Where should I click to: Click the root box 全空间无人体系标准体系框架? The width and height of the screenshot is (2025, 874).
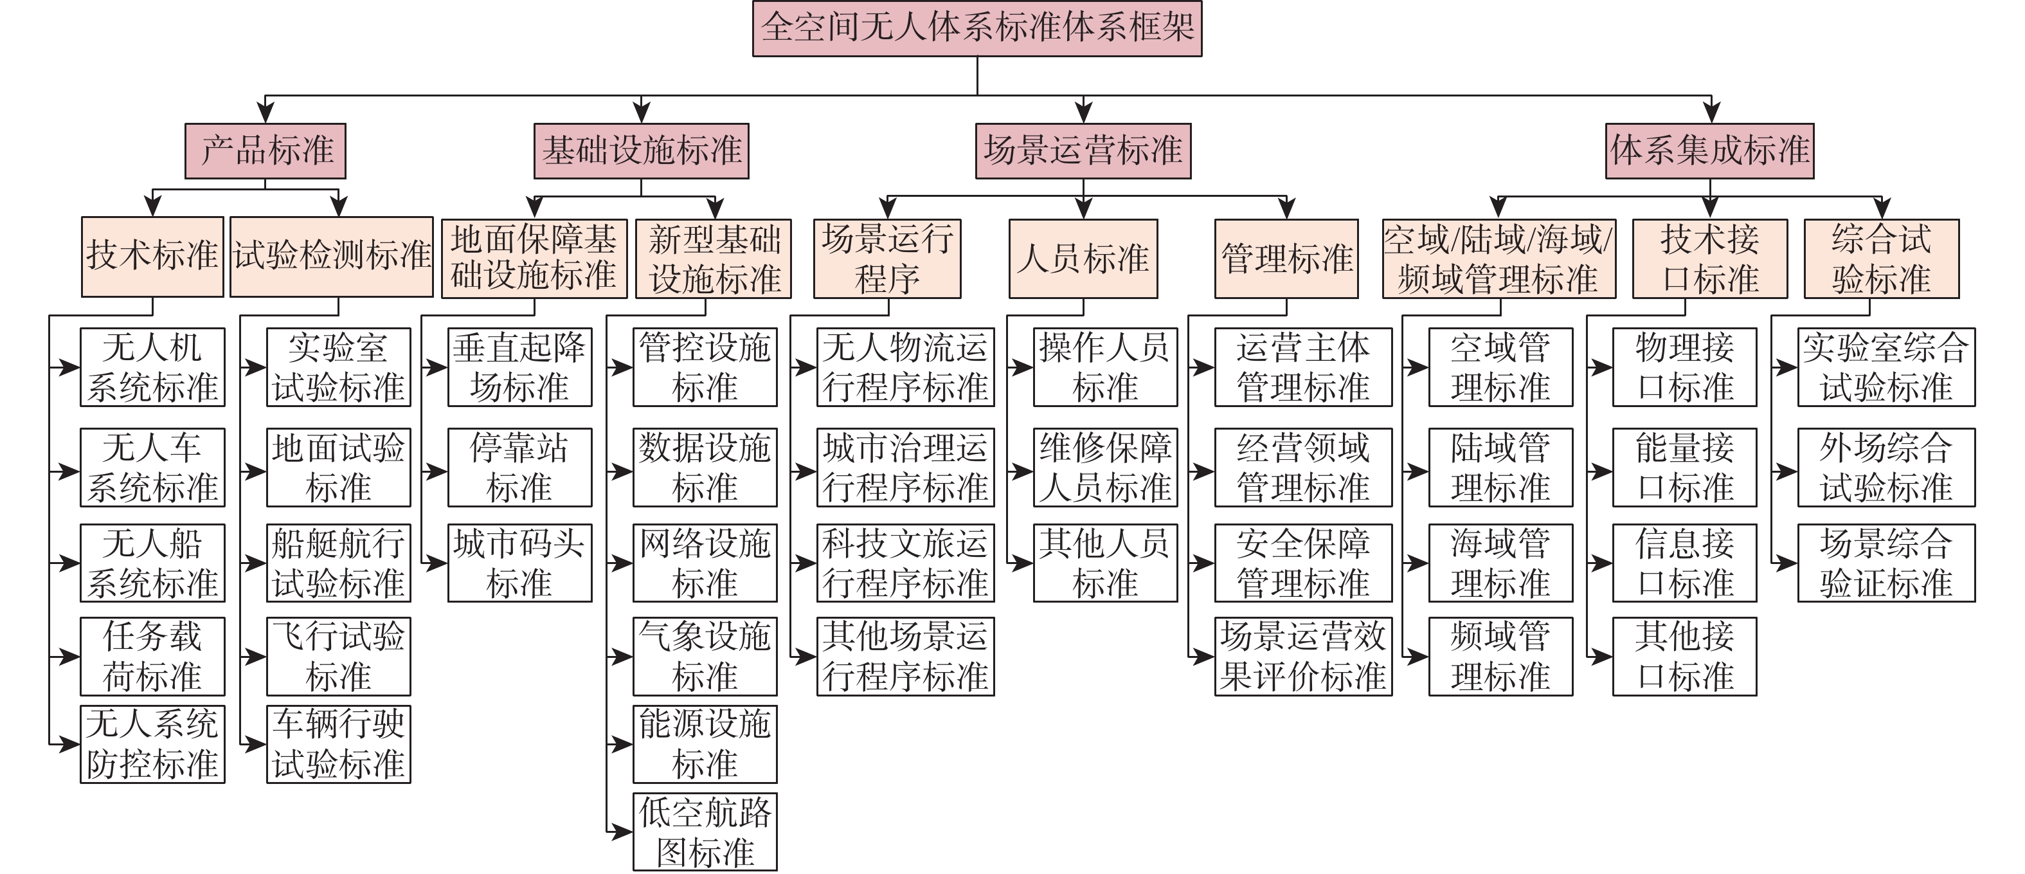tap(977, 29)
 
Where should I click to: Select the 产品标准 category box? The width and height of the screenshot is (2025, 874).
tap(265, 151)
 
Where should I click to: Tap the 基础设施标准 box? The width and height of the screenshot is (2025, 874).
tap(642, 151)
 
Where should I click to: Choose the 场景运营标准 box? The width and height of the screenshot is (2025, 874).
tap(1083, 151)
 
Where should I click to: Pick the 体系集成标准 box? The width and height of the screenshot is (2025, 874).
tap(1710, 151)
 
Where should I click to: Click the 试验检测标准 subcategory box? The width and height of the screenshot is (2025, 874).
tap(332, 257)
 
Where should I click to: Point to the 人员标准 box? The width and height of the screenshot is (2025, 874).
tap(1083, 259)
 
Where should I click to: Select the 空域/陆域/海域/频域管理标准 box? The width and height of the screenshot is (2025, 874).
tap(1499, 259)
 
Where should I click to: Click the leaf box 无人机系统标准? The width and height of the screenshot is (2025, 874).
tap(152, 367)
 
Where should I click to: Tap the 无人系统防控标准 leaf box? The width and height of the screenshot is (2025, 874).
tap(152, 744)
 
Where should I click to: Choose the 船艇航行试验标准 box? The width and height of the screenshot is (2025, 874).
tap(339, 563)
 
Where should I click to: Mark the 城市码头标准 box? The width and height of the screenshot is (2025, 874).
tap(519, 563)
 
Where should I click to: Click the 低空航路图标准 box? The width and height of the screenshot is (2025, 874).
tap(705, 832)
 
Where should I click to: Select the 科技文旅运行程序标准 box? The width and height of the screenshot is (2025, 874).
tap(906, 563)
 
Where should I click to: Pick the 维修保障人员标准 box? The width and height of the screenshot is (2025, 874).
tap(1105, 468)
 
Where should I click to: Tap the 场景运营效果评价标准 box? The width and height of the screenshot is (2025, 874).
tap(1303, 657)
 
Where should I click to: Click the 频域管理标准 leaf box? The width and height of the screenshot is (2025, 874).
tap(1500, 657)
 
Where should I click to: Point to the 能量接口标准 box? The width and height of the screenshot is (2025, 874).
tap(1685, 468)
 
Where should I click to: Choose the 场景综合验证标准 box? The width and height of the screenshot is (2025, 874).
tap(1887, 563)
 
